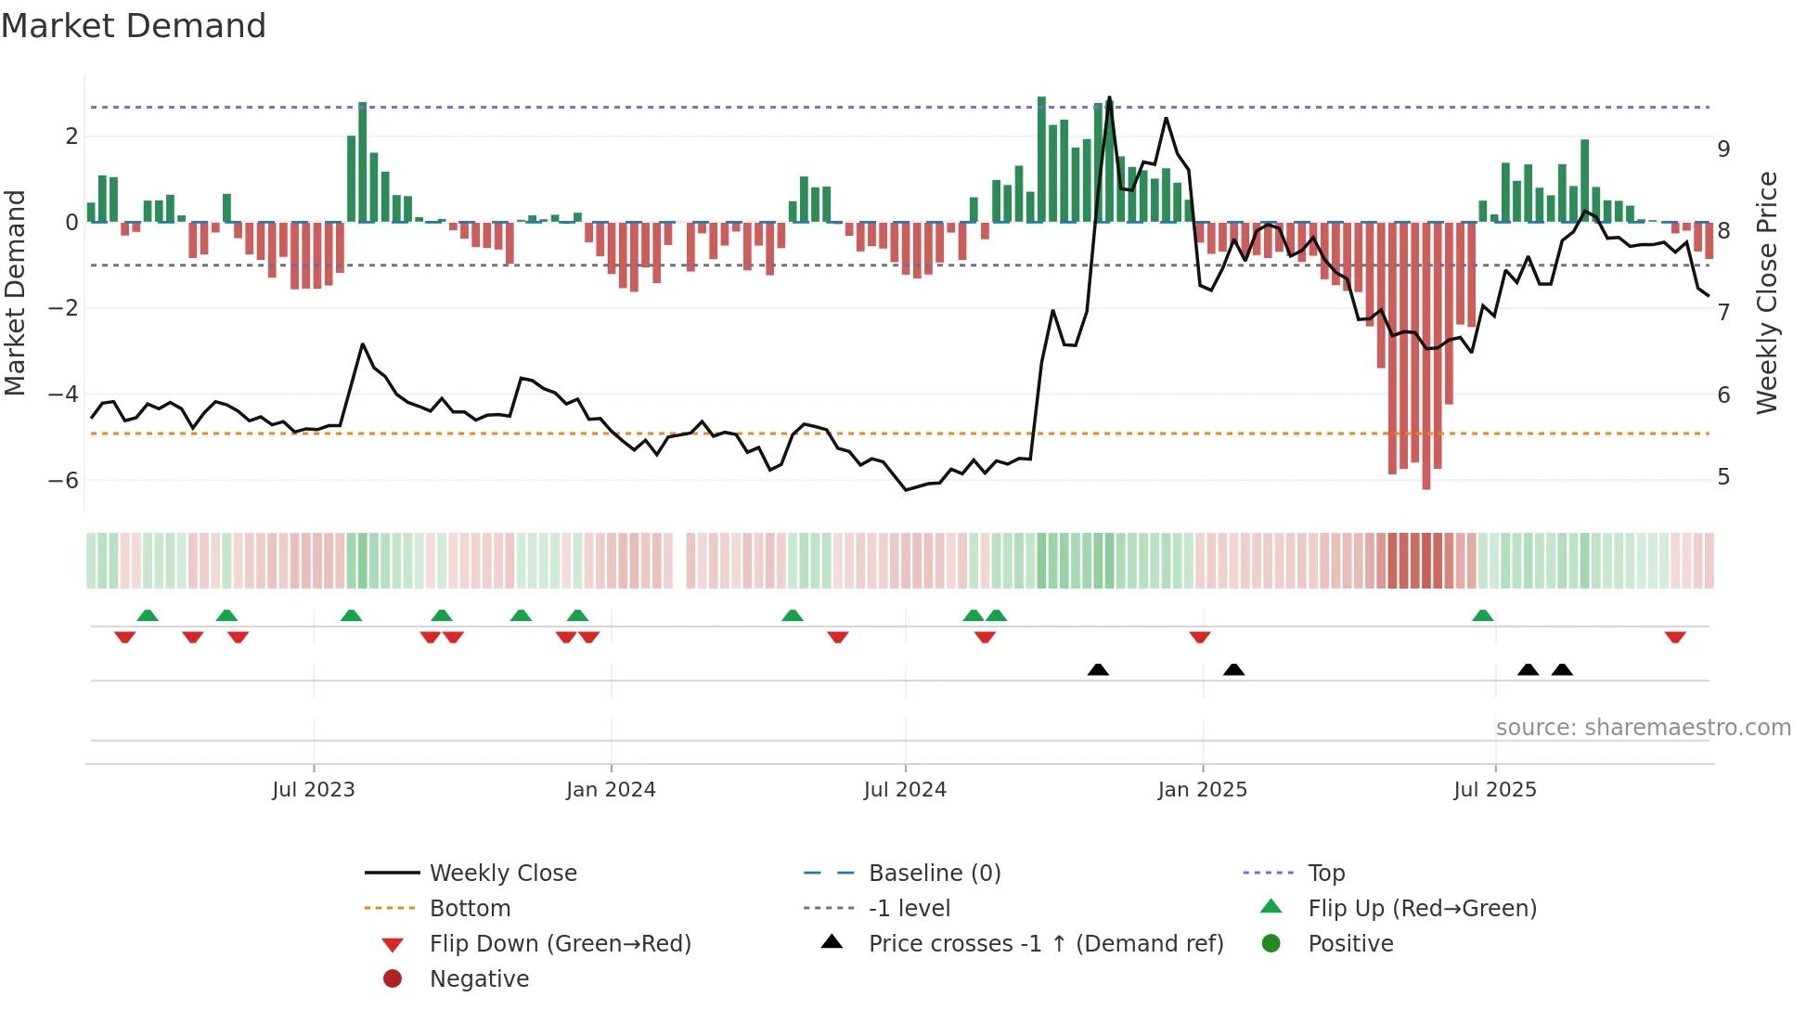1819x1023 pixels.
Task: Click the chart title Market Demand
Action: click(134, 26)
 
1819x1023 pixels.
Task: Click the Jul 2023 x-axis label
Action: click(313, 790)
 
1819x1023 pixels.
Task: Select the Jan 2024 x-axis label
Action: click(611, 790)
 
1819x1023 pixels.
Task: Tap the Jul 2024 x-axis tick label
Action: click(905, 790)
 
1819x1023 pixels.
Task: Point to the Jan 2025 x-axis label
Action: click(1203, 790)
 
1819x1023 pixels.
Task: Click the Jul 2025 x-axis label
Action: click(1495, 790)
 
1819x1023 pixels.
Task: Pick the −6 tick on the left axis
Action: click(63, 481)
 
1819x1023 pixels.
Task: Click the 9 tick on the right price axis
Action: click(1723, 149)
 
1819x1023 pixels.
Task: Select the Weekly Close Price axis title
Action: click(1767, 292)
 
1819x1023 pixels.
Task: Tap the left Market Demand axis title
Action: click(16, 292)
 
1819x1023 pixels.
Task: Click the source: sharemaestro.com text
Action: click(1643, 728)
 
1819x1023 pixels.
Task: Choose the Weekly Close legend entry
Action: click(502, 874)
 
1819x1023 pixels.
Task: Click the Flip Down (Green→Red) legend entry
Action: click(560, 944)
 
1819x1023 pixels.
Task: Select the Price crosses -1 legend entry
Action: click(1045, 944)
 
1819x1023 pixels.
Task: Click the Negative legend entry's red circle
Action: click(393, 979)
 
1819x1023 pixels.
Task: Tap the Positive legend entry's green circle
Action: click(1271, 944)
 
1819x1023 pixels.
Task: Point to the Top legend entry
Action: click(1325, 874)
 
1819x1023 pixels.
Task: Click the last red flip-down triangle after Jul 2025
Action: click(1675, 637)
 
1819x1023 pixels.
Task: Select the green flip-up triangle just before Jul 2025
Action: click(1483, 615)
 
